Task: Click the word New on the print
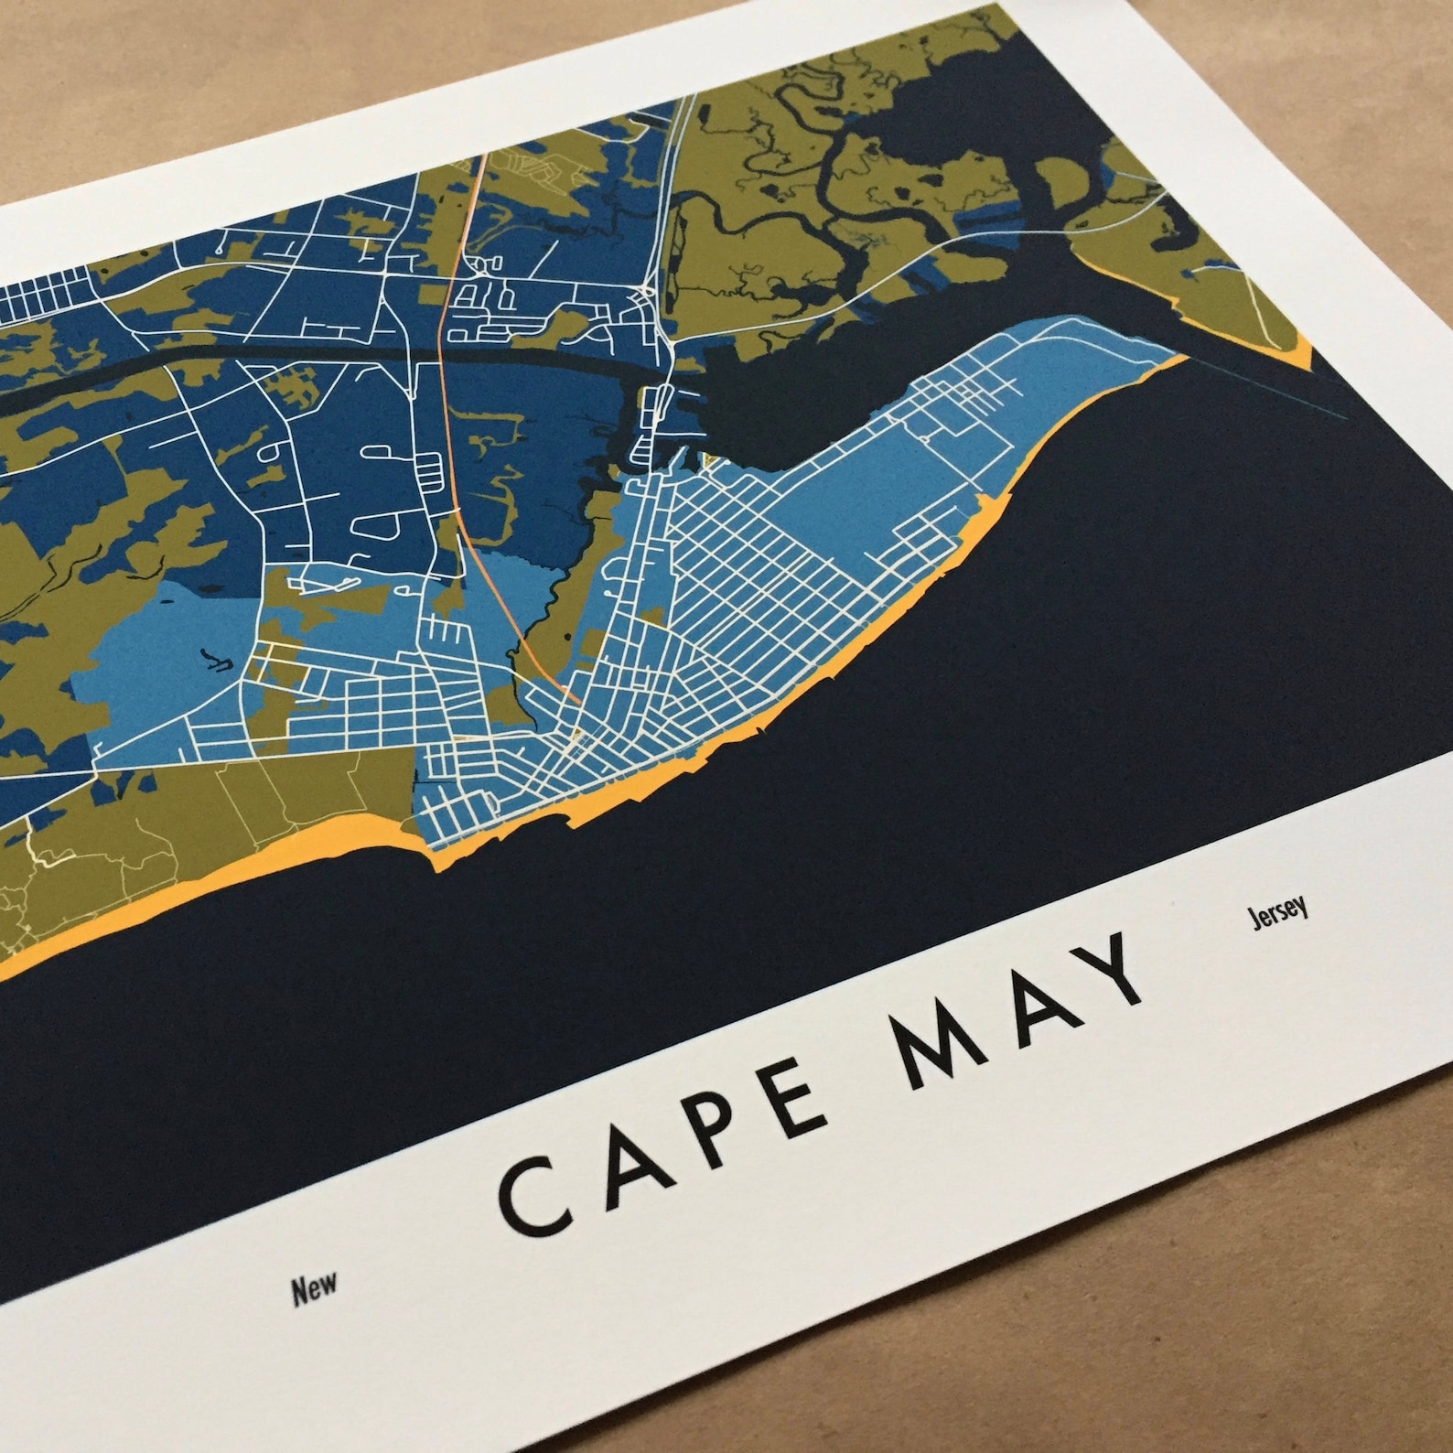point(314,1289)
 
